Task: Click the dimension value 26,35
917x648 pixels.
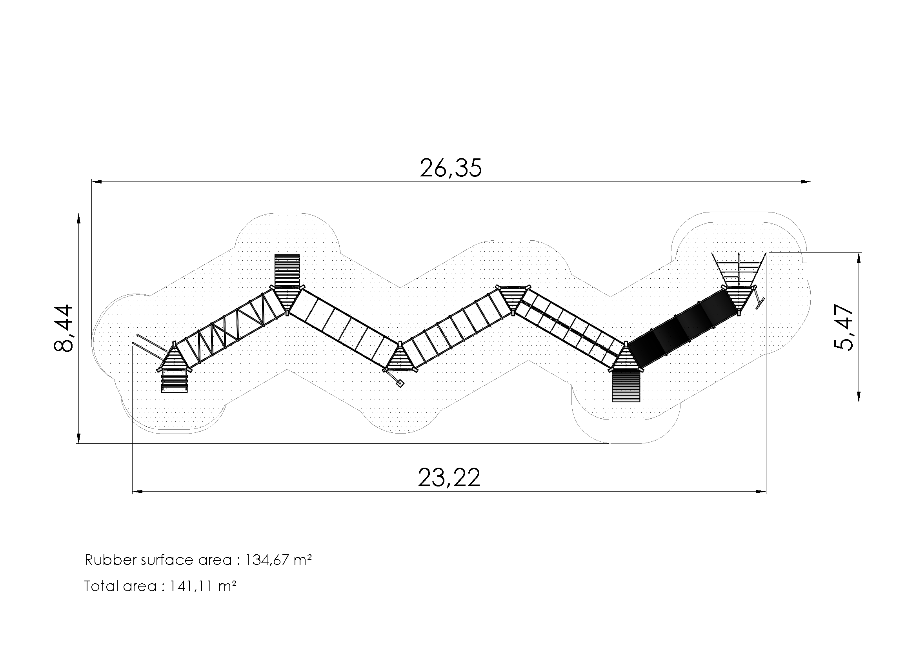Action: [x=451, y=168]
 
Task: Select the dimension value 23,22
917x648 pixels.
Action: [x=449, y=477]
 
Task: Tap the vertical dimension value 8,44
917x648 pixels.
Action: [x=64, y=328]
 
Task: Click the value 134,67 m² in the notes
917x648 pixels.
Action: [x=278, y=560]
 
